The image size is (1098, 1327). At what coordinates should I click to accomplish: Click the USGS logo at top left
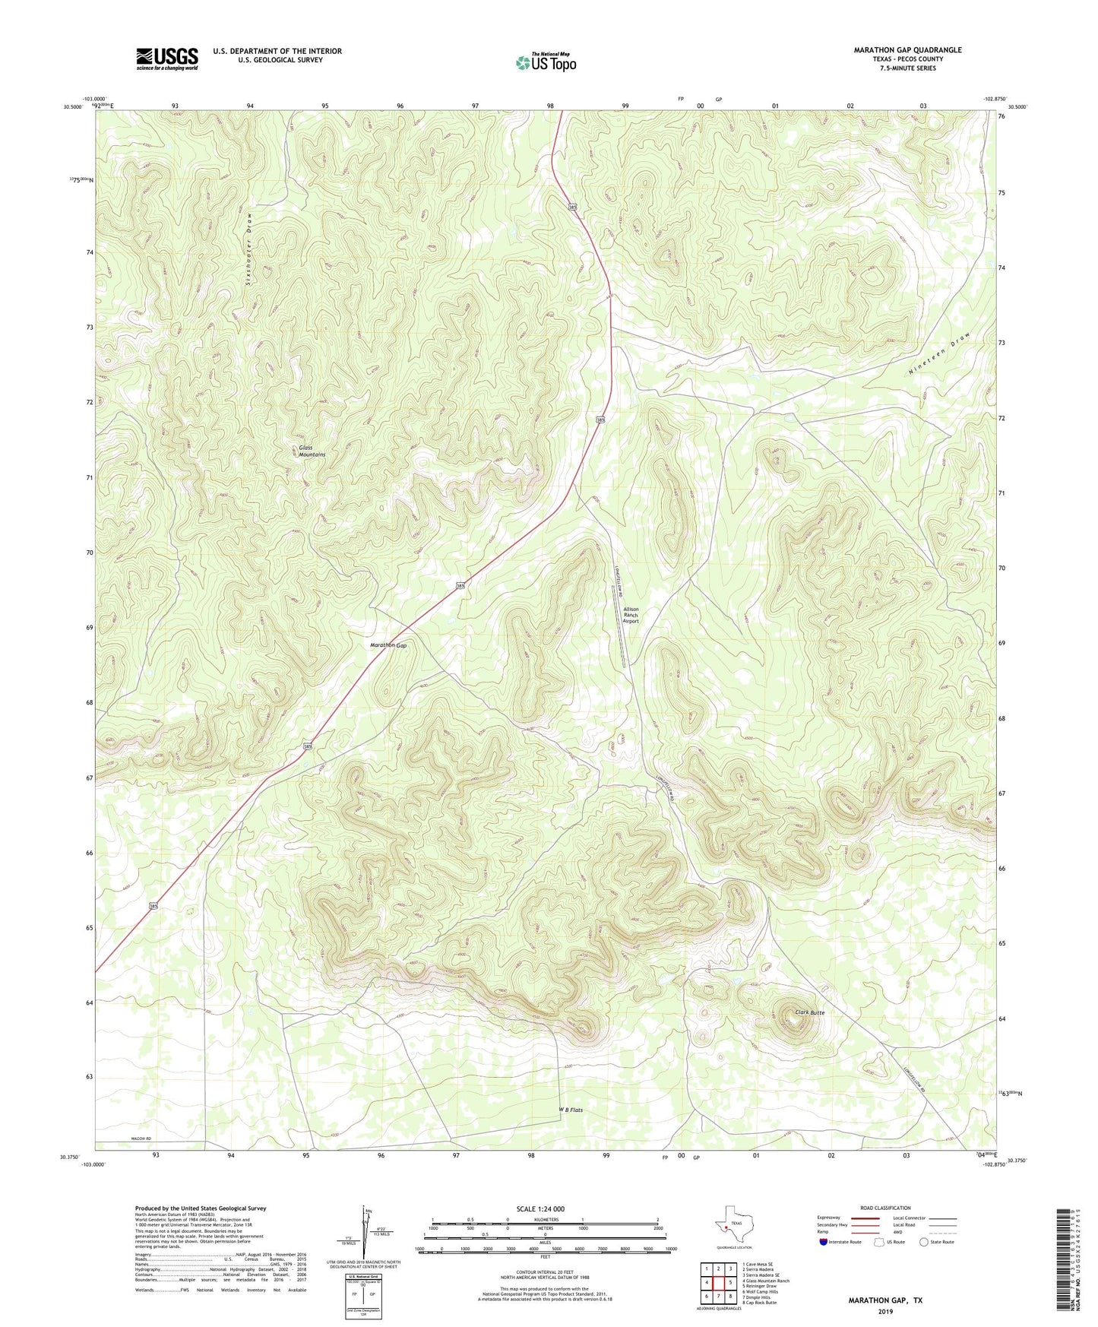click(167, 59)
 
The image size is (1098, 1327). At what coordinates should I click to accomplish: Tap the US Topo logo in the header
click(545, 62)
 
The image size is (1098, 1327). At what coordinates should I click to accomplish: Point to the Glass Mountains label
click(312, 451)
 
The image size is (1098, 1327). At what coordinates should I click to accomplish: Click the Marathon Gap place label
click(388, 645)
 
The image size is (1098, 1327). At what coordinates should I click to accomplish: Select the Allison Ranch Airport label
click(631, 615)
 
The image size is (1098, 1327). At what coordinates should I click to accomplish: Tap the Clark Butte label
click(809, 1012)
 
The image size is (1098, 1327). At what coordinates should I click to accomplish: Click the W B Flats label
click(571, 1110)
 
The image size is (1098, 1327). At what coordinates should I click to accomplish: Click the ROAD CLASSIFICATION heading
click(885, 1208)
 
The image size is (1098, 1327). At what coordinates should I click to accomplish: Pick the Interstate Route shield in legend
click(824, 1242)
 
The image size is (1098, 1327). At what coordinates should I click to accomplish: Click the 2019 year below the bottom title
click(885, 1311)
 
